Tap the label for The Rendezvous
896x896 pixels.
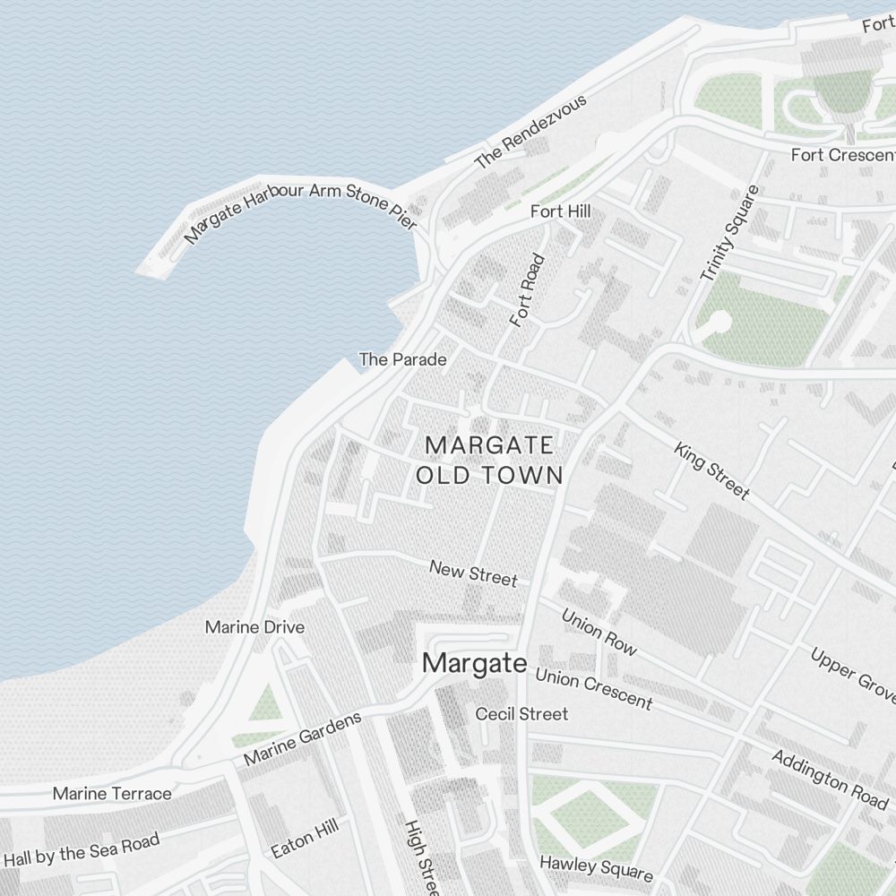[x=530, y=132]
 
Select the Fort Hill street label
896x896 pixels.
[x=560, y=211]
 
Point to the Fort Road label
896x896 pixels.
[x=527, y=290]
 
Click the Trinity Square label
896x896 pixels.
[x=728, y=233]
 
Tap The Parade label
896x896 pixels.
[x=402, y=359]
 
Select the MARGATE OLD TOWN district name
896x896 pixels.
[x=489, y=460]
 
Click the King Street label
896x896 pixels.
[x=711, y=470]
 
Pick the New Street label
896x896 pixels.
[x=473, y=573]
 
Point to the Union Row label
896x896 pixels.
[x=599, y=631]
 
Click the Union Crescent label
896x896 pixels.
[x=593, y=687]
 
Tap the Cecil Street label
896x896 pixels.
[x=521, y=714]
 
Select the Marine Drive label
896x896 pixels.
[x=254, y=627]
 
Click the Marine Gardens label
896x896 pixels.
[x=303, y=738]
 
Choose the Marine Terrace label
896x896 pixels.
[x=112, y=793]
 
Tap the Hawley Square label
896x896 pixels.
[x=596, y=867]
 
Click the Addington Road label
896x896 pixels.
[x=830, y=777]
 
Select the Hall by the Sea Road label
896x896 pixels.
[x=82, y=849]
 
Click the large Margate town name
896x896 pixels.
[x=474, y=663]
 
